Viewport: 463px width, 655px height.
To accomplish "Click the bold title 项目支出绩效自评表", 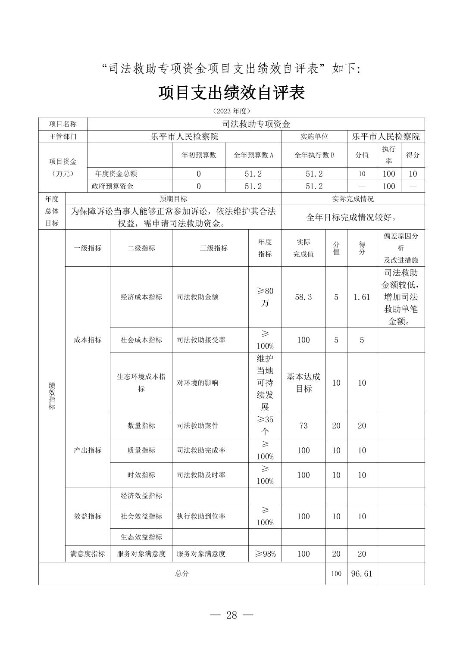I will (x=231, y=92).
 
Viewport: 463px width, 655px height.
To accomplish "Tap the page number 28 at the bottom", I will (x=231, y=615).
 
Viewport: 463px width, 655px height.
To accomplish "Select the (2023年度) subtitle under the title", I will (x=231, y=111).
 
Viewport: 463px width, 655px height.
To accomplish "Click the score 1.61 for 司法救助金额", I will (x=362, y=297).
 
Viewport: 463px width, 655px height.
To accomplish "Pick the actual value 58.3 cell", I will (x=303, y=297).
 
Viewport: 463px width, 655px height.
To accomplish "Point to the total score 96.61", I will (x=362, y=574).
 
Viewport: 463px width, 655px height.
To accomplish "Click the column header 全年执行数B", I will (x=314, y=155).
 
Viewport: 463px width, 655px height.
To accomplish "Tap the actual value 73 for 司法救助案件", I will (x=303, y=425).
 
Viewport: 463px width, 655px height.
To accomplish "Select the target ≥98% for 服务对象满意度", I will (x=265, y=554).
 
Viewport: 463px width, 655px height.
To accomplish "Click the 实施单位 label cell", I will (x=314, y=137).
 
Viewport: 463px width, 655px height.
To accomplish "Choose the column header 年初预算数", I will (x=199, y=155).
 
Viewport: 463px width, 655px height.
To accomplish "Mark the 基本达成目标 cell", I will (x=303, y=383).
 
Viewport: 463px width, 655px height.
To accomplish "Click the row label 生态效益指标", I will (x=141, y=536).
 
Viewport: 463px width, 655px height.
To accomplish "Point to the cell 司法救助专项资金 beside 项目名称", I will (x=256, y=124).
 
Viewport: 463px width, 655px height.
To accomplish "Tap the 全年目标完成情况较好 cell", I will (x=353, y=217).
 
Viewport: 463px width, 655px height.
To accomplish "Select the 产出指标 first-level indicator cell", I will (x=88, y=450).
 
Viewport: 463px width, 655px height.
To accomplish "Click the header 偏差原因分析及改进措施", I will (x=400, y=248).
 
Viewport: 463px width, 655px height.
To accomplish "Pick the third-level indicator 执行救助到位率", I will (x=201, y=516).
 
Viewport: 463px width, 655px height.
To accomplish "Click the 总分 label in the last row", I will (x=182, y=574).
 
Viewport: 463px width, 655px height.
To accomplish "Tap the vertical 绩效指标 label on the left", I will (x=52, y=396).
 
